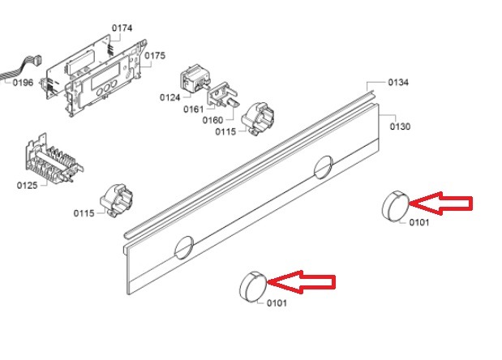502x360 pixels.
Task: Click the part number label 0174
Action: (x=122, y=28)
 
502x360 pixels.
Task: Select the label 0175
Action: (x=155, y=56)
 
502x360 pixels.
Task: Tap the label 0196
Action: (x=23, y=83)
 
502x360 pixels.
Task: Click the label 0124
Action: (x=170, y=97)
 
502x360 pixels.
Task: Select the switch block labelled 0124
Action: (x=195, y=79)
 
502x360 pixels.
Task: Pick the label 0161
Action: (x=193, y=109)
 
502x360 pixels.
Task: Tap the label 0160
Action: (x=212, y=120)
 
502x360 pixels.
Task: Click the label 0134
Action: (x=398, y=83)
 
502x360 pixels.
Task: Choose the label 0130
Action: (x=400, y=126)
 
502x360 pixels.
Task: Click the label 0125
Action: (x=28, y=186)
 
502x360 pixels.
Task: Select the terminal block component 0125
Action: (x=54, y=159)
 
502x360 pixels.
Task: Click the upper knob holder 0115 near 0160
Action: (x=258, y=119)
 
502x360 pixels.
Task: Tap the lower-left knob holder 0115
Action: (x=117, y=200)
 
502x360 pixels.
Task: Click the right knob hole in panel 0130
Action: (x=324, y=167)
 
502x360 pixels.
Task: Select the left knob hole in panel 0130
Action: (x=184, y=247)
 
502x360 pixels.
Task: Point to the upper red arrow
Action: (x=441, y=203)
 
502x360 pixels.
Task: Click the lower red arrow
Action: (x=301, y=282)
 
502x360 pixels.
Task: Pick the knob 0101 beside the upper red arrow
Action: (x=396, y=205)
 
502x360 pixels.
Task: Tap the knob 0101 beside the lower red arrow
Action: (x=253, y=287)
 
